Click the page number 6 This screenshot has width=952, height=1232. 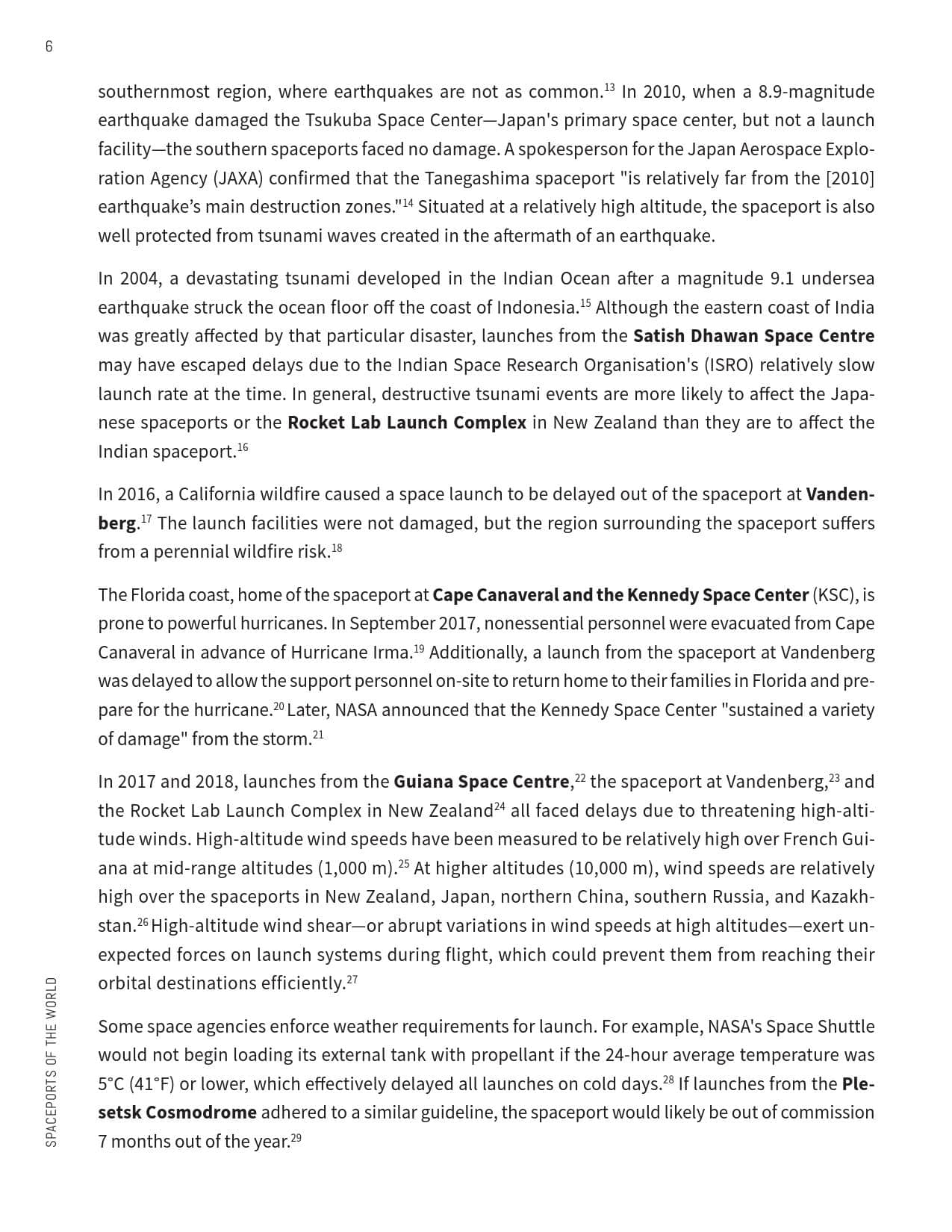click(x=49, y=46)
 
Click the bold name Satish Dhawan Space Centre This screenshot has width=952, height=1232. click(x=753, y=336)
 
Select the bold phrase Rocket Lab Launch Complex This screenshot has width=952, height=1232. click(x=407, y=423)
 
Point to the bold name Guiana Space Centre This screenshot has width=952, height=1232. click(x=482, y=782)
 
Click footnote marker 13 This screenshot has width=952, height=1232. click(x=609, y=88)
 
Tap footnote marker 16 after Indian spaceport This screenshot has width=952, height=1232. click(x=243, y=447)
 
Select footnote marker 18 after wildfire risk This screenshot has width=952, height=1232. click(x=337, y=548)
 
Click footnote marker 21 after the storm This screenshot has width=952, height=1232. click(x=318, y=735)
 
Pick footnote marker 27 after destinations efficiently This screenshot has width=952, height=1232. click(x=352, y=979)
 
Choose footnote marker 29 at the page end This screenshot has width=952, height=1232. click(x=296, y=1137)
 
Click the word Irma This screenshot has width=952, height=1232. click(x=392, y=653)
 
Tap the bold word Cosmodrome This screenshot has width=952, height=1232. click(x=201, y=1113)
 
